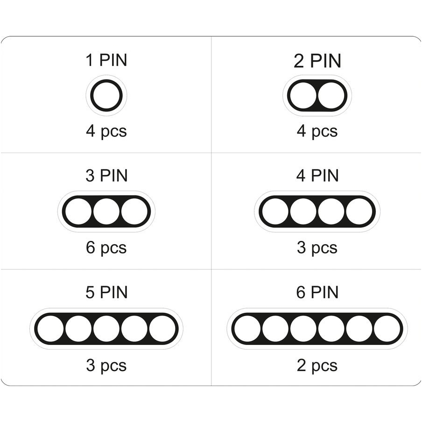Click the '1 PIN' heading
point(106,60)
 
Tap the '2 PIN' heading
point(317,61)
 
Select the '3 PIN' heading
point(106,176)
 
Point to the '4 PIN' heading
point(317,176)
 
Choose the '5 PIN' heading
point(106,292)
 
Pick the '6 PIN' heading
point(317,292)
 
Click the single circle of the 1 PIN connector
point(92,96)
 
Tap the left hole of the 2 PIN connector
point(303,96)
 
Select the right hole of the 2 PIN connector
point(331,96)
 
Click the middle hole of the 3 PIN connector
point(106,211)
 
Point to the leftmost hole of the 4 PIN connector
point(275,211)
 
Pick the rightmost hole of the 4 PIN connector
point(359,211)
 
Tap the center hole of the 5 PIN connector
point(106,329)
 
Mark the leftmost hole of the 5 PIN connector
point(50,329)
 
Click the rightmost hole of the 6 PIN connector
point(387,329)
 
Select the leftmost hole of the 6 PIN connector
point(247,329)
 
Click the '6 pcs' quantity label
point(106,248)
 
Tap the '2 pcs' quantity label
point(317,366)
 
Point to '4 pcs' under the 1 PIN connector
point(106,131)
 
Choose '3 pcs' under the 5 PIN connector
point(106,366)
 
